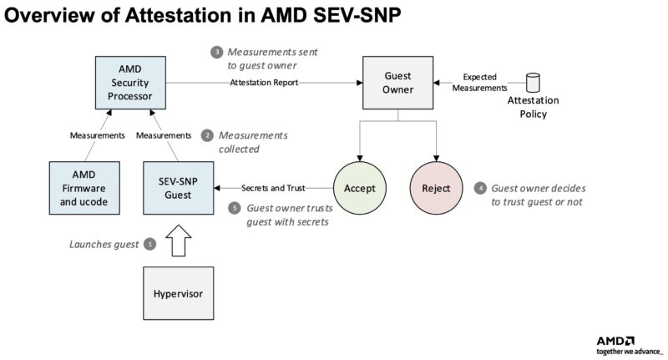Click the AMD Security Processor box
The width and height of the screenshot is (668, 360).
point(124,83)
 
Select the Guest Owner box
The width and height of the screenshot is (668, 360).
point(397,83)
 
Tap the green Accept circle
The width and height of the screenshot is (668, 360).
point(359,188)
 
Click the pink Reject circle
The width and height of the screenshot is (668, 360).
point(436,188)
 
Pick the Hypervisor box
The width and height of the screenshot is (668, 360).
point(177,294)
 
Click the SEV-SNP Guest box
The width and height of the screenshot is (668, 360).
point(177,188)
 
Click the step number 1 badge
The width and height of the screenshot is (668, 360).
point(150,244)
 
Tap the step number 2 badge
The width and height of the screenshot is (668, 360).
point(208,135)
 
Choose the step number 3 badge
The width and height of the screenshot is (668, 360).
point(216,52)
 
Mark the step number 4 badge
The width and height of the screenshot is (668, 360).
point(479,188)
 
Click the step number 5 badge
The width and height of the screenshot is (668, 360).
point(234,207)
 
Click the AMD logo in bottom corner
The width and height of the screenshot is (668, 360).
point(615,340)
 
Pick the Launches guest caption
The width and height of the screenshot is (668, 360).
point(104,244)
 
